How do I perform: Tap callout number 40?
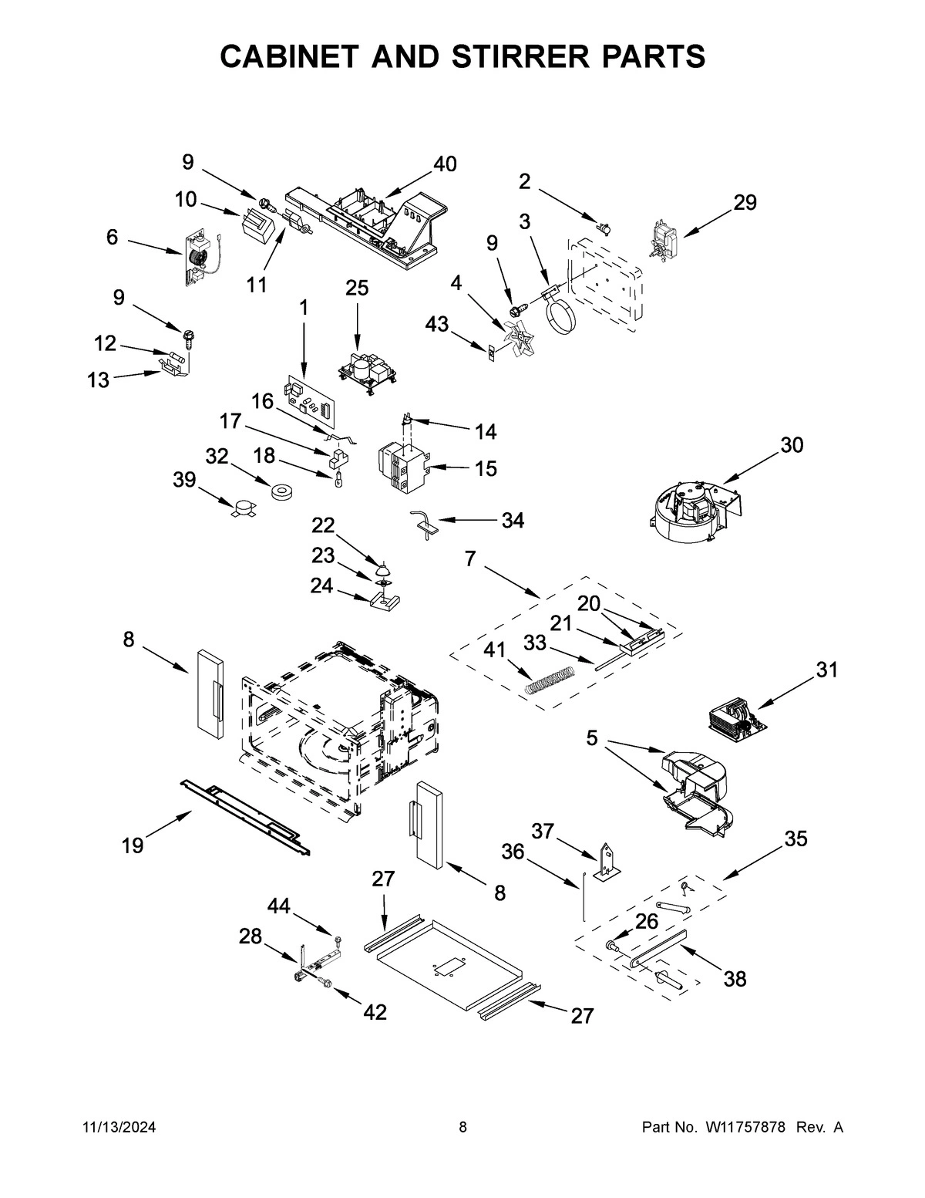pos(445,164)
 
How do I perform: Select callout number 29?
pos(745,202)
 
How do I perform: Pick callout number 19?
pos(132,845)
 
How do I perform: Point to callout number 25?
pos(357,288)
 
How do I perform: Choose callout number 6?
pos(113,237)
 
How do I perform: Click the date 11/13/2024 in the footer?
pos(119,1128)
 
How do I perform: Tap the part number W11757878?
pos(744,1128)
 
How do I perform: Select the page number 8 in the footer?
pos(462,1128)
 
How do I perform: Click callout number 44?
pos(279,906)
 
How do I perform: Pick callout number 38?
pos(735,979)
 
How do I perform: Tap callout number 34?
pos(513,521)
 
